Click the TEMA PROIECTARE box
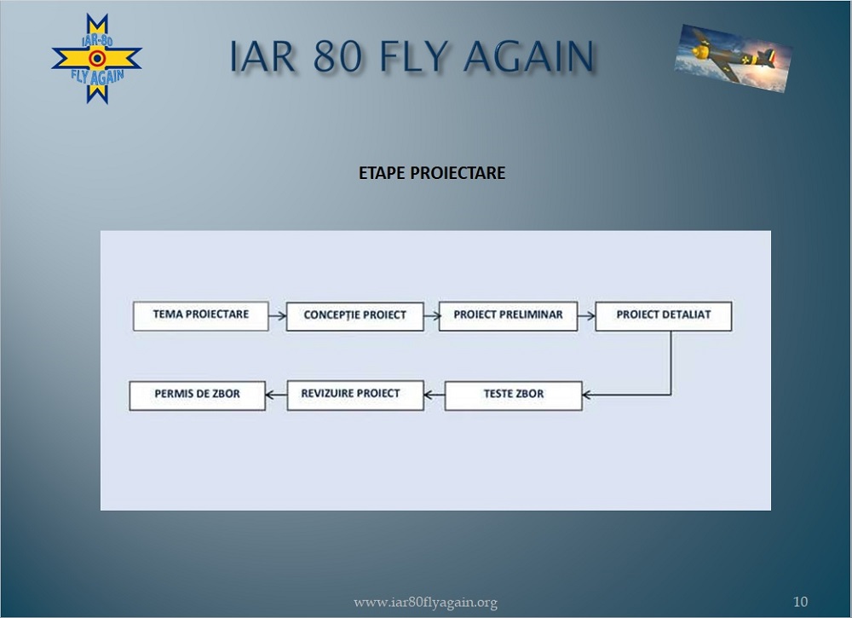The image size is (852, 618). point(200,315)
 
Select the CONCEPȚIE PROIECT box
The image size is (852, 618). point(354,316)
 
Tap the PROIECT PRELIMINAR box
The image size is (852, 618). point(508,315)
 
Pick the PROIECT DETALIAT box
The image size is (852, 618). point(664,315)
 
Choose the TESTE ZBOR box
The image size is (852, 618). point(514,396)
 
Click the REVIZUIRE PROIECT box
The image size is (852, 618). point(355,395)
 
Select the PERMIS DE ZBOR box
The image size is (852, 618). point(198,396)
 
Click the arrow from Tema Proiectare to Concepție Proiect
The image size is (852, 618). point(277,315)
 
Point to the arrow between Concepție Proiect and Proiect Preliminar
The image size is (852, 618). point(431,315)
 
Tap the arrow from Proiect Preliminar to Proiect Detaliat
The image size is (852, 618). point(586,315)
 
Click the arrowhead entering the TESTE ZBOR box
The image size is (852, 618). point(587,396)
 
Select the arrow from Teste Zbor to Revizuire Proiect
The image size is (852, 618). point(435,396)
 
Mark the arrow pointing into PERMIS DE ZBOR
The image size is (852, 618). point(276,396)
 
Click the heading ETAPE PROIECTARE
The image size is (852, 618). point(432,173)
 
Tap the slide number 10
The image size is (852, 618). point(800,602)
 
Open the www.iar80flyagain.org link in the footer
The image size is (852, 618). point(425,603)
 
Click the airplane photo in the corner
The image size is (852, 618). point(733,58)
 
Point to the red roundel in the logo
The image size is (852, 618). point(97,58)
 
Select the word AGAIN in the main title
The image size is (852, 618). point(529,55)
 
